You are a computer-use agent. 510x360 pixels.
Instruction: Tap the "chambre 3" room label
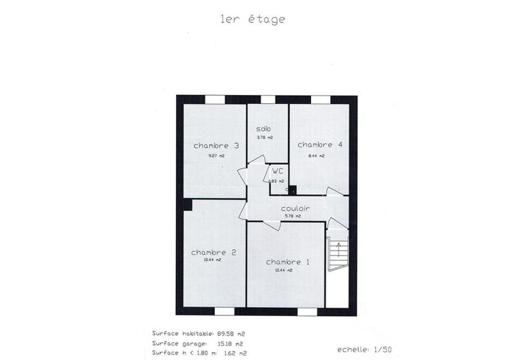pyautogui.click(x=216, y=145)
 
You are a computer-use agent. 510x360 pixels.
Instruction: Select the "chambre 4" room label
pyautogui.click(x=320, y=145)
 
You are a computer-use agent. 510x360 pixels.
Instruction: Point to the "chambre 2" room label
pyautogui.click(x=214, y=252)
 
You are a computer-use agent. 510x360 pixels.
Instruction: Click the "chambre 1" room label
pyautogui.click(x=288, y=262)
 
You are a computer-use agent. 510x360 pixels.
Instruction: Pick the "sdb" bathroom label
pyautogui.click(x=263, y=129)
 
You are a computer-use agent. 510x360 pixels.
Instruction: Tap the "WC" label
pyautogui.click(x=277, y=171)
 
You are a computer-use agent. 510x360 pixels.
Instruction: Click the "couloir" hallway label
pyautogui.click(x=295, y=208)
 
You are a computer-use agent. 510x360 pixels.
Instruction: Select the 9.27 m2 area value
pyautogui.click(x=216, y=156)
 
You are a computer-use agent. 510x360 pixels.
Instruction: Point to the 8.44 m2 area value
pyautogui.click(x=317, y=155)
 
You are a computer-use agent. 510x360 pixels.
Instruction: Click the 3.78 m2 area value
pyautogui.click(x=265, y=138)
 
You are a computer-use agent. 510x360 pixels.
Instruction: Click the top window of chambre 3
pyautogui.click(x=215, y=99)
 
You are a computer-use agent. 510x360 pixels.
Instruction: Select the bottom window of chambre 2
pyautogui.click(x=224, y=311)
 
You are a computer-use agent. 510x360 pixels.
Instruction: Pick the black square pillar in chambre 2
pyautogui.click(x=188, y=203)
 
